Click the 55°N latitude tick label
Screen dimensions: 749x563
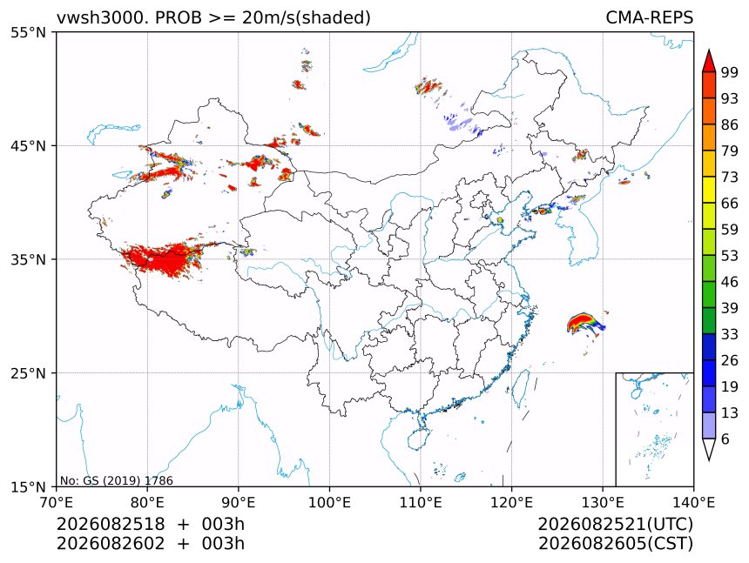pos(28,32)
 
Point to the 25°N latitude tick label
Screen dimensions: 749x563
pos(28,372)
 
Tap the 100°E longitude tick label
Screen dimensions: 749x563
pos(329,502)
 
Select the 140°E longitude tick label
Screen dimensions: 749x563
pos(693,502)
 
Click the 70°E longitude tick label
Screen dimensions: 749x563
pos(57,502)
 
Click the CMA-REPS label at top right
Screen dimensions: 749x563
pos(649,17)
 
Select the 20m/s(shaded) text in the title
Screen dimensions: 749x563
pos(307,18)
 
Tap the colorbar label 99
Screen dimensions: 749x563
pos(730,72)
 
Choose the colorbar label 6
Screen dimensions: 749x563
pos(725,439)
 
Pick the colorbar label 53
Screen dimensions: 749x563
pos(730,256)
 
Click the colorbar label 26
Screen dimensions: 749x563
pos(730,360)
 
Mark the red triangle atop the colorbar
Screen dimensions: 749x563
pos(709,62)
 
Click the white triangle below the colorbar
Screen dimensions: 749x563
pos(709,447)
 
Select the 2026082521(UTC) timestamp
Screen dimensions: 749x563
pos(615,524)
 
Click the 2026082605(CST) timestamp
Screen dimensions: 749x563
pos(615,544)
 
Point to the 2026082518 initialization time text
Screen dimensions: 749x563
pos(111,524)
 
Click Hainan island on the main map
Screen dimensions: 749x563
pos(420,439)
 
